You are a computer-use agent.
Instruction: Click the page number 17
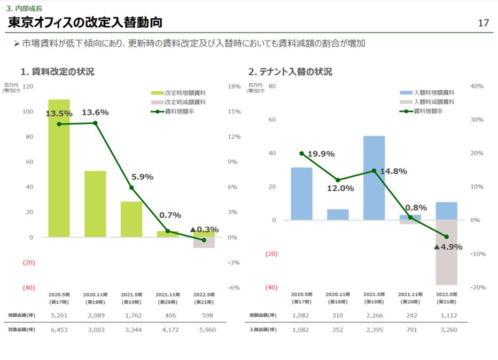[x=483, y=23]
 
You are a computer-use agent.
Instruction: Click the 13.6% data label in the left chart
[x=95, y=113]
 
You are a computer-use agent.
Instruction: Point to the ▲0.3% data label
[x=204, y=230]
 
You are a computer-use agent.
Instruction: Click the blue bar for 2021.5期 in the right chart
[x=374, y=178]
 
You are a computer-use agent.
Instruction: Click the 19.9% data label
[x=321, y=154]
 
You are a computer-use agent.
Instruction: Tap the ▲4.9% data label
[x=448, y=247]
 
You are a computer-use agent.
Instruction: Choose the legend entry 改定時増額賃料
[x=185, y=92]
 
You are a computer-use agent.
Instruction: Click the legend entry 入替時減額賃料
[x=434, y=101]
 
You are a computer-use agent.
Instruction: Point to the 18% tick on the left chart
[x=234, y=87]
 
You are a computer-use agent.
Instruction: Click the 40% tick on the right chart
[x=476, y=87]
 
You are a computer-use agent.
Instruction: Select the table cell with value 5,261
[x=59, y=315]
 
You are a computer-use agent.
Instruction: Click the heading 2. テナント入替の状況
[x=290, y=72]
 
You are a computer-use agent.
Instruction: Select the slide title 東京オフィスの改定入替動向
[x=85, y=23]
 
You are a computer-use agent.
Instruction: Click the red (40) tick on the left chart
[x=29, y=287]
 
